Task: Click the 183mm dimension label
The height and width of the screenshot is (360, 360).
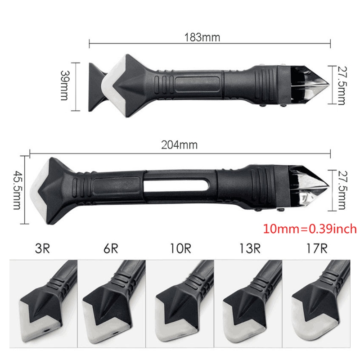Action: [x=202, y=37]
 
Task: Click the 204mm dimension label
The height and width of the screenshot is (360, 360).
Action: [x=179, y=145]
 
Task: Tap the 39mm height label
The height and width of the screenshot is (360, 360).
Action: [x=64, y=85]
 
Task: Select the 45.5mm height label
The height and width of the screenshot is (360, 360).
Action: [x=17, y=190]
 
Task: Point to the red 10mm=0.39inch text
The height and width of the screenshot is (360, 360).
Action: [x=310, y=229]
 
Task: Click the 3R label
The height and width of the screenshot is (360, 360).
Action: [x=42, y=248]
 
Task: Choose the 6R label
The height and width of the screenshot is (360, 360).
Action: [x=111, y=248]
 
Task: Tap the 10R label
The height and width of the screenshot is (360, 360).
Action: [x=180, y=248]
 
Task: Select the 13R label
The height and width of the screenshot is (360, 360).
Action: [x=250, y=248]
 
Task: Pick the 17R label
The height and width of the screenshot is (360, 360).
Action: [x=317, y=248]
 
